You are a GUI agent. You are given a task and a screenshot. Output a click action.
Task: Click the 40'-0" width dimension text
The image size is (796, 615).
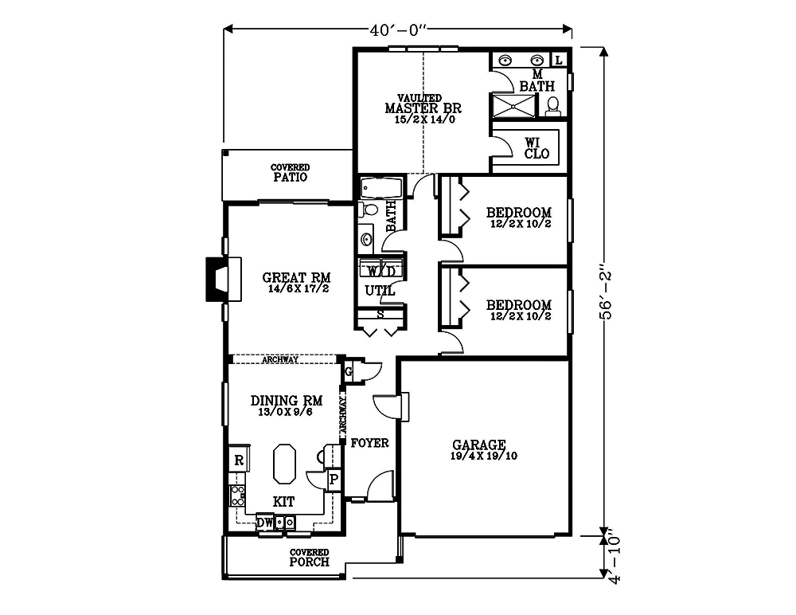pyautogui.click(x=399, y=30)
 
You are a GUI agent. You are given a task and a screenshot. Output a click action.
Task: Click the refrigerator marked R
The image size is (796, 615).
pyautogui.click(x=237, y=460)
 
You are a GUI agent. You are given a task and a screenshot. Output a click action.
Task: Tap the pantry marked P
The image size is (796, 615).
pyautogui.click(x=334, y=480)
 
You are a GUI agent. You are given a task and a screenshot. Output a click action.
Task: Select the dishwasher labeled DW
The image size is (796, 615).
pyautogui.click(x=265, y=523)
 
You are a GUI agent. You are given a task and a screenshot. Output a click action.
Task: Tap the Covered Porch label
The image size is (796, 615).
pyautogui.click(x=309, y=557)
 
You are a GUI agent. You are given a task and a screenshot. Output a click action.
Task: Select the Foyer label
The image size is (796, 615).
pyautogui.click(x=369, y=442)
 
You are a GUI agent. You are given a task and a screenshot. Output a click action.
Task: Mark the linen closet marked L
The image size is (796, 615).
pyautogui.click(x=558, y=60)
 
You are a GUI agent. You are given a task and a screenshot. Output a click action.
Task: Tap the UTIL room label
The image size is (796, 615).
pyautogui.click(x=380, y=291)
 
